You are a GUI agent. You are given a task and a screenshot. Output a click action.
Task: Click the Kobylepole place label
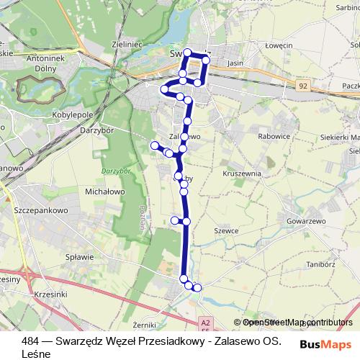73,114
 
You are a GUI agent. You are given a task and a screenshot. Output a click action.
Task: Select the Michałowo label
105,193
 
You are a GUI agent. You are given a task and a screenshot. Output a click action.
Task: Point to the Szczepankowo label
40,212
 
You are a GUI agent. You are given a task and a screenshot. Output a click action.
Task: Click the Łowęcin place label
277,46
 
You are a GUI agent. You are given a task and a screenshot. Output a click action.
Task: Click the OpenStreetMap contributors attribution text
297,323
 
